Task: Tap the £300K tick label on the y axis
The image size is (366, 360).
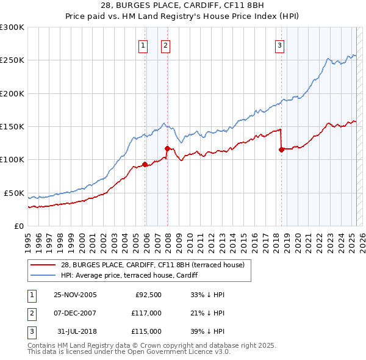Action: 12,27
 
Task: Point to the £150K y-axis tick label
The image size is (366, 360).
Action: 12,126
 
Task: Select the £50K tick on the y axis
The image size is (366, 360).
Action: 14,193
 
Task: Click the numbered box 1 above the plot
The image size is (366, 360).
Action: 143,45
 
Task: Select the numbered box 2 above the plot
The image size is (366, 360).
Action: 165,45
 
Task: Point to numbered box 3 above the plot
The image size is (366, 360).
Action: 279,45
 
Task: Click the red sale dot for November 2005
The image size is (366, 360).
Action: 145,164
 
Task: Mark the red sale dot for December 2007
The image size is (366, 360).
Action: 167,148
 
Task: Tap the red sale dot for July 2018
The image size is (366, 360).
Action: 282,149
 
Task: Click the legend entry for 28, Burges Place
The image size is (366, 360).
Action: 152,265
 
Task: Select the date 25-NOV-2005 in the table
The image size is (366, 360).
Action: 76,295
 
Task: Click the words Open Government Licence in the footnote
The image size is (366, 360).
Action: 181,352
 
